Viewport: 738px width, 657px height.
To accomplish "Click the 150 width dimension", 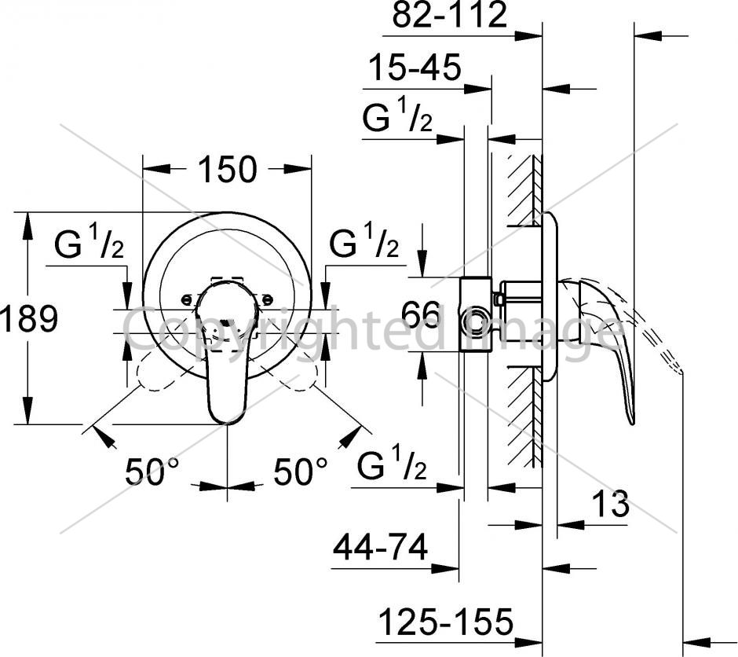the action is (228, 169).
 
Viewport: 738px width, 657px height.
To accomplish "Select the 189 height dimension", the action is (29, 318).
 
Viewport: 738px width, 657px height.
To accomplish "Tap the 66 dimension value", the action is (422, 314).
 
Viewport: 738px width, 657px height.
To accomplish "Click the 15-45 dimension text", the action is (415, 67).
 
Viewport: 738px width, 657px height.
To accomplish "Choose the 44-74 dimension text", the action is (381, 547).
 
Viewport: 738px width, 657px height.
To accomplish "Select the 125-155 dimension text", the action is (446, 622).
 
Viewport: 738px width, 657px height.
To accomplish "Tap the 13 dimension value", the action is (610, 504).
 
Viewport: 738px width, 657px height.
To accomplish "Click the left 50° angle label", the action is (152, 471).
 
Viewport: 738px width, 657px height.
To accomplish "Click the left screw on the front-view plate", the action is (188, 299).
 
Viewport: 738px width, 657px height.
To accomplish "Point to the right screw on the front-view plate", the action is (267, 299).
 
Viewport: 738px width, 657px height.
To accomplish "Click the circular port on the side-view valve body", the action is (473, 321).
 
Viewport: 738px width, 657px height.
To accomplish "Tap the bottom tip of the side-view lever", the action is (632, 423).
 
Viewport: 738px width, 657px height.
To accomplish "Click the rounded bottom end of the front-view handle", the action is (228, 418).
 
